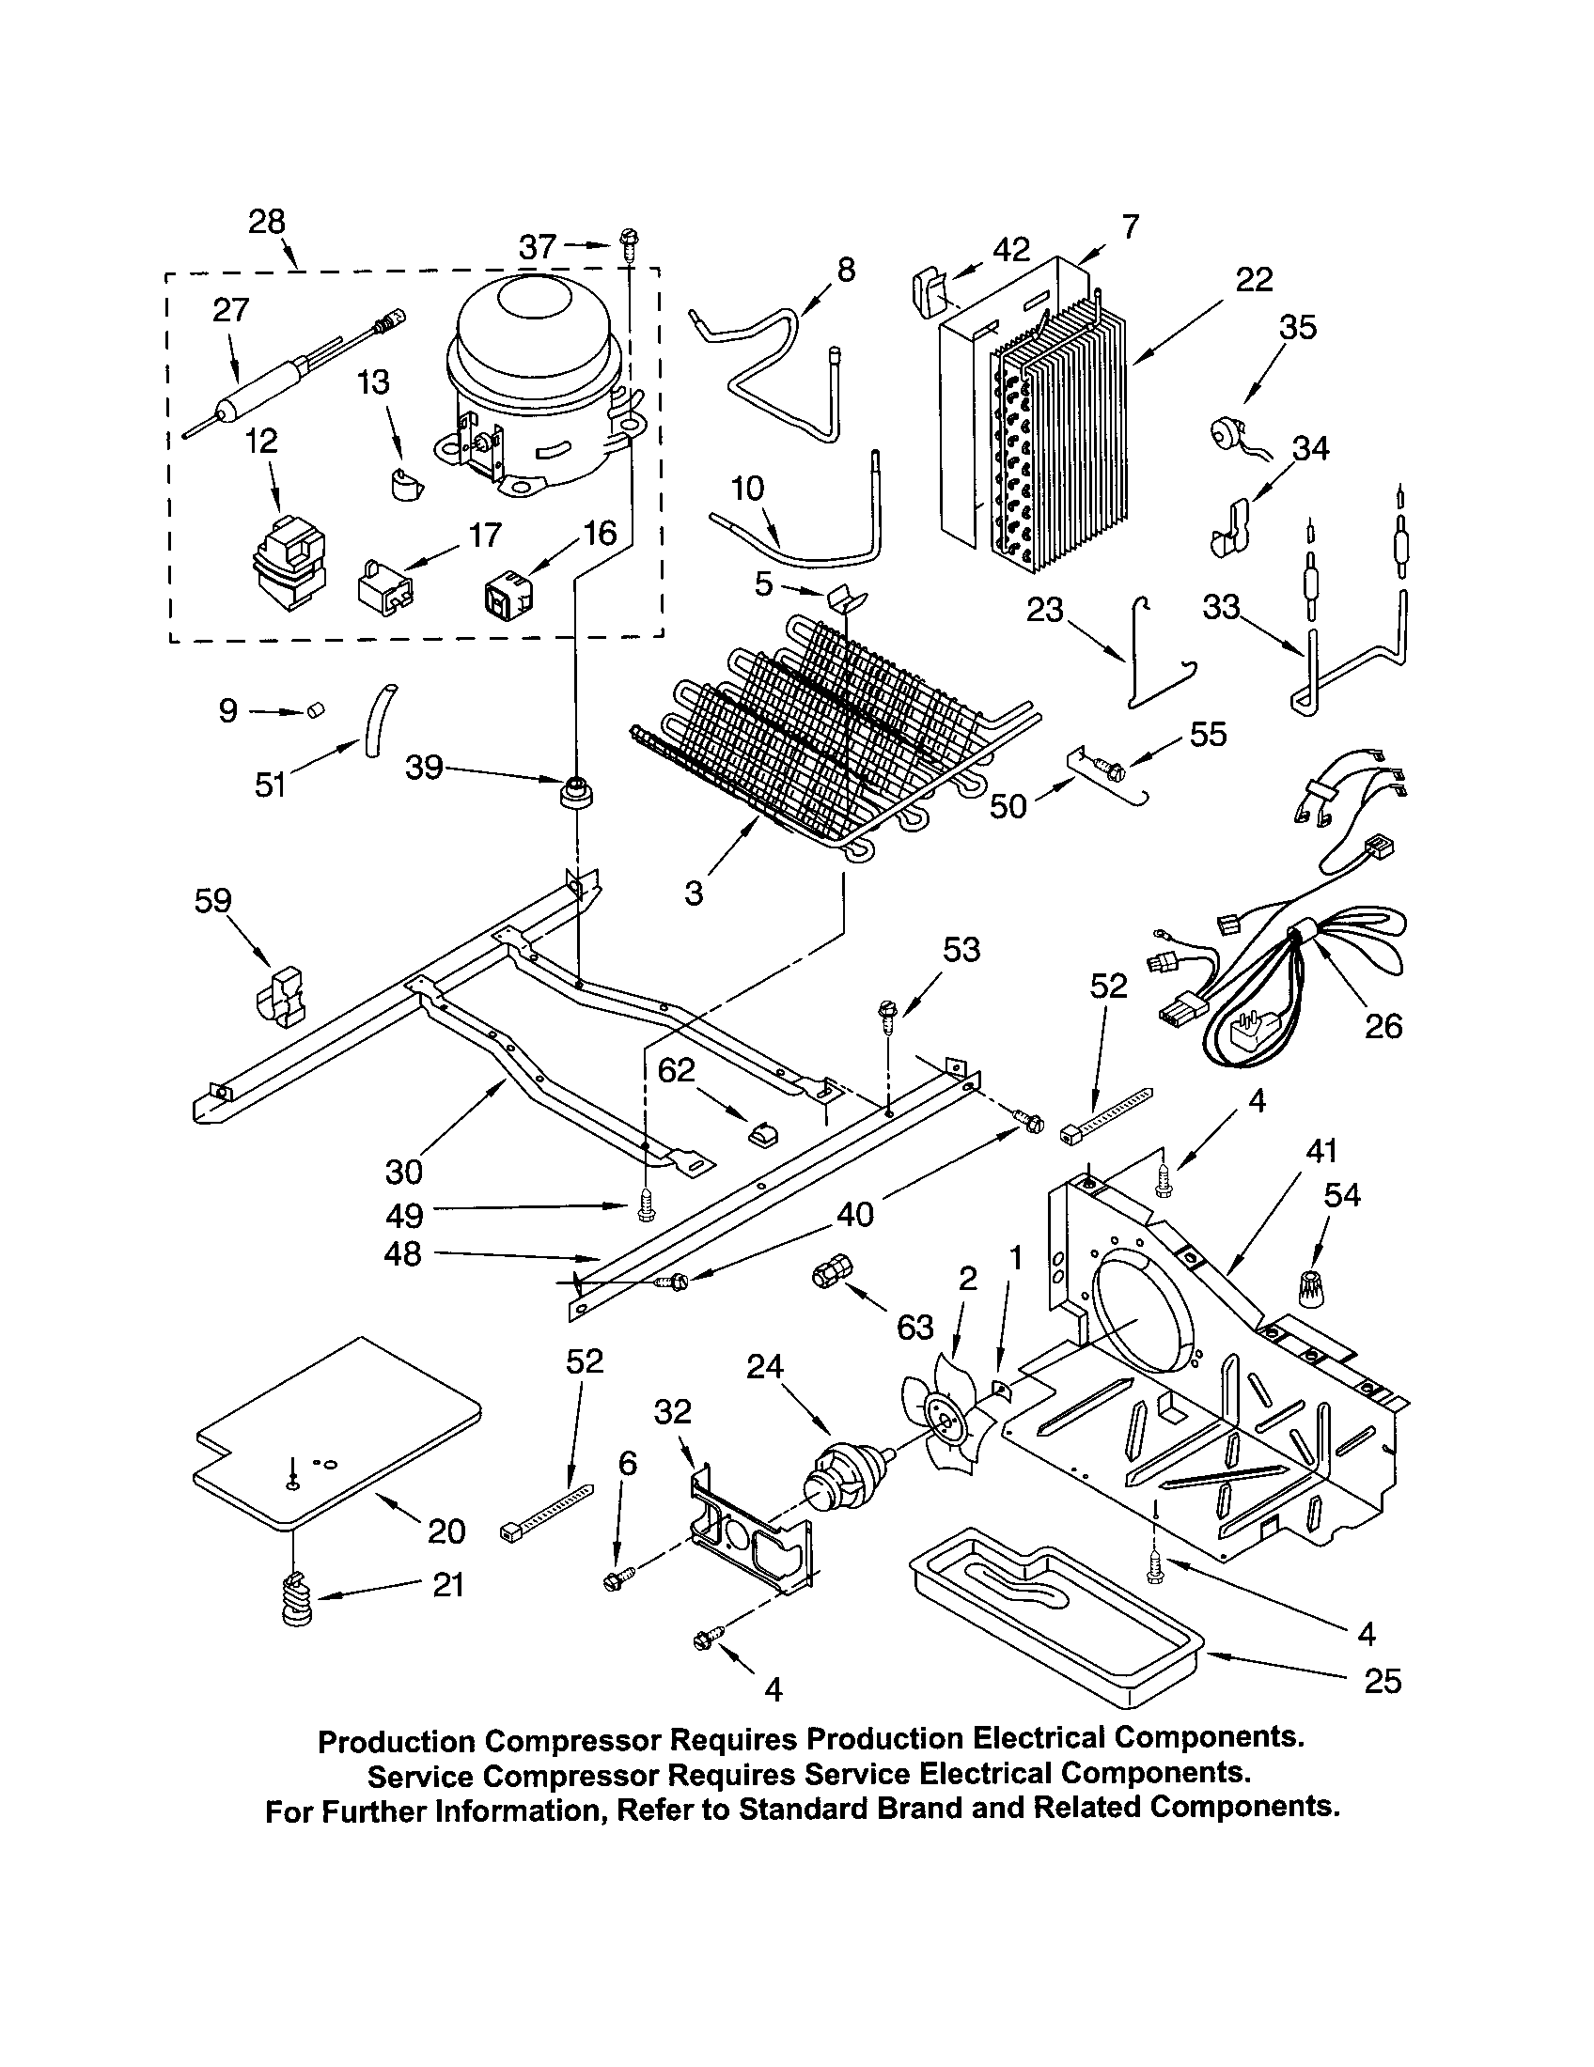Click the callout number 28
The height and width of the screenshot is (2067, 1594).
pos(266,222)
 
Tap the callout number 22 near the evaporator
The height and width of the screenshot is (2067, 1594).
pos(1253,279)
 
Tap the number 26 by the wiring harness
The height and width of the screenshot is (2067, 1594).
pos(1382,1025)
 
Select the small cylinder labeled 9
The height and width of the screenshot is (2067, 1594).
pos(313,711)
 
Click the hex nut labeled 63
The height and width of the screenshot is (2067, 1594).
pos(827,1275)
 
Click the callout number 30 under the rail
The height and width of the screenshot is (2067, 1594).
pos(403,1172)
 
